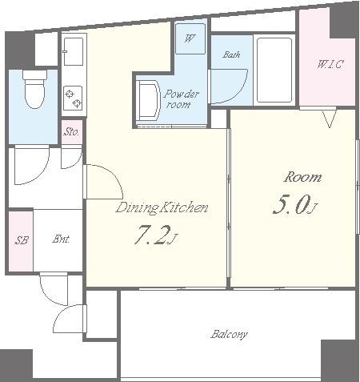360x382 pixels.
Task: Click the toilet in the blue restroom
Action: (x=34, y=89)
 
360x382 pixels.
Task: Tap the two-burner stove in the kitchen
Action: (x=74, y=99)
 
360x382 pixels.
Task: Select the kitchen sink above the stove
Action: (x=74, y=51)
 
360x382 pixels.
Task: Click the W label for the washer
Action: (x=190, y=38)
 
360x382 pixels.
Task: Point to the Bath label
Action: (x=231, y=54)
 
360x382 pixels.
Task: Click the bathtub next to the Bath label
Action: (x=274, y=70)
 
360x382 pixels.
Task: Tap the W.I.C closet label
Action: (x=330, y=64)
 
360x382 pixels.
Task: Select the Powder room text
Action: (x=181, y=99)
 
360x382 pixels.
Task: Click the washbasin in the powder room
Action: (x=148, y=100)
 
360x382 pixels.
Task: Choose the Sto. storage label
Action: (x=71, y=131)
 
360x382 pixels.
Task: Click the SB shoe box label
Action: (x=22, y=240)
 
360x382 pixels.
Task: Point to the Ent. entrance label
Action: (x=61, y=239)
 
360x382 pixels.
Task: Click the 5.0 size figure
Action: (x=294, y=205)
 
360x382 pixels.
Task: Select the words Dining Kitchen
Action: (x=162, y=208)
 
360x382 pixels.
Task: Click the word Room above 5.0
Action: (x=302, y=177)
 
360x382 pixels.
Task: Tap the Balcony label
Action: (x=229, y=335)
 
